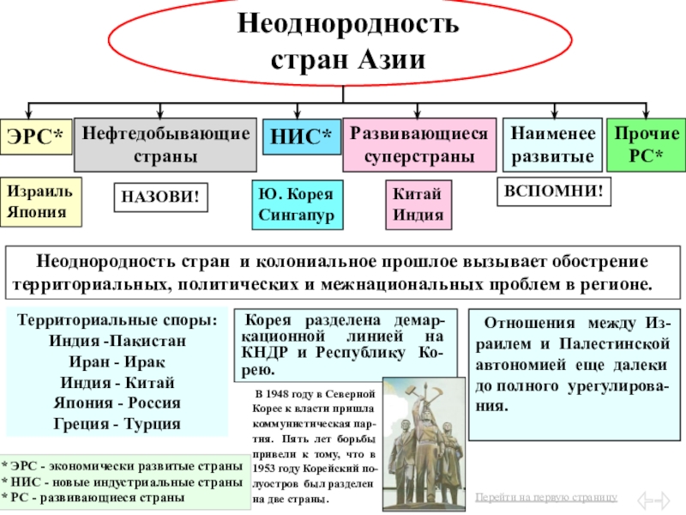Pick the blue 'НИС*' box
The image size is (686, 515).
tap(300, 136)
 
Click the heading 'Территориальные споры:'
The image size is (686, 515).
tap(117, 321)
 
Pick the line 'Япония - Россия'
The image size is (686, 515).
tap(117, 403)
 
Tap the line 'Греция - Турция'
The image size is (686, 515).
tap(117, 424)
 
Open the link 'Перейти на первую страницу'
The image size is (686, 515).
tap(546, 498)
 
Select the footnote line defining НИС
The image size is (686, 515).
tap(122, 483)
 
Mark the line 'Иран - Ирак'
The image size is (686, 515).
tap(117, 362)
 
